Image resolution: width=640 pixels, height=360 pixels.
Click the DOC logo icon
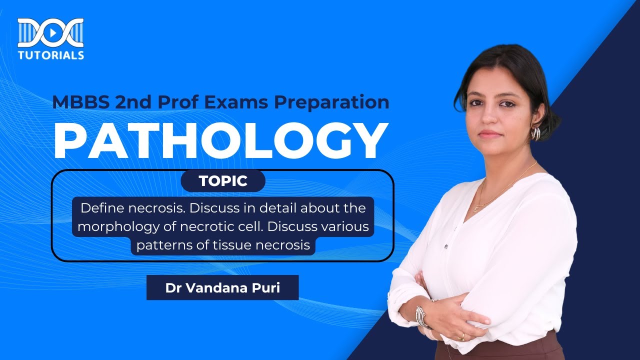coord(50,33)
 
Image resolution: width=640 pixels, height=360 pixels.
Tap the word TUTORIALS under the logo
coord(50,55)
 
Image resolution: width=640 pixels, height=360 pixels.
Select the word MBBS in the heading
coord(80,102)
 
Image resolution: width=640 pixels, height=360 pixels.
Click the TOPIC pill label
coord(223,181)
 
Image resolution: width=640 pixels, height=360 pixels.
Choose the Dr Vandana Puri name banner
coord(222,287)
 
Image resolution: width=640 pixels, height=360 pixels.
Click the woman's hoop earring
coord(535,133)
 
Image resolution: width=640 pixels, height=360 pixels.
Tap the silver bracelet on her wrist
coord(422,316)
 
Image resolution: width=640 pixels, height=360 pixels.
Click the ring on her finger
coord(462,336)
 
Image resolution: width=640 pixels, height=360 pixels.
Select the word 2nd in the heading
coord(133,102)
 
